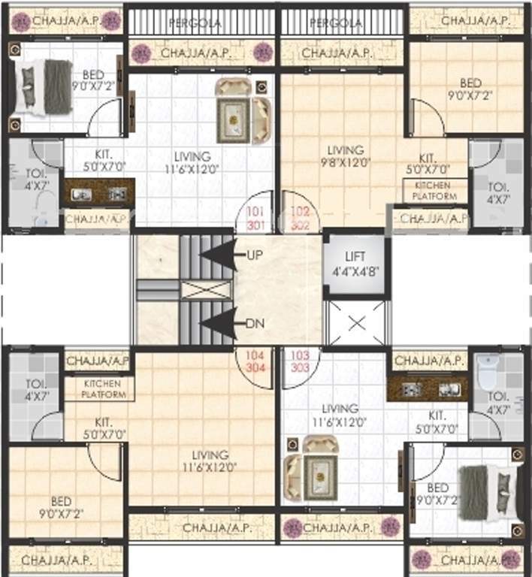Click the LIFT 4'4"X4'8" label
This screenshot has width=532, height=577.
click(x=356, y=264)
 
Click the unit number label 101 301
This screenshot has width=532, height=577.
click(x=257, y=217)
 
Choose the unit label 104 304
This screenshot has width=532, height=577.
click(x=257, y=362)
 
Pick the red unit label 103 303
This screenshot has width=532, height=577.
click(x=300, y=362)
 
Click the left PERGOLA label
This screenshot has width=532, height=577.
click(x=195, y=23)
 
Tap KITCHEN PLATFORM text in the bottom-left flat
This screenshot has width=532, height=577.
click(x=99, y=388)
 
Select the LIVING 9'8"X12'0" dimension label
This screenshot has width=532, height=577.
click(x=345, y=156)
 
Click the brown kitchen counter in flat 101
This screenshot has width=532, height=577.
click(x=98, y=193)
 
